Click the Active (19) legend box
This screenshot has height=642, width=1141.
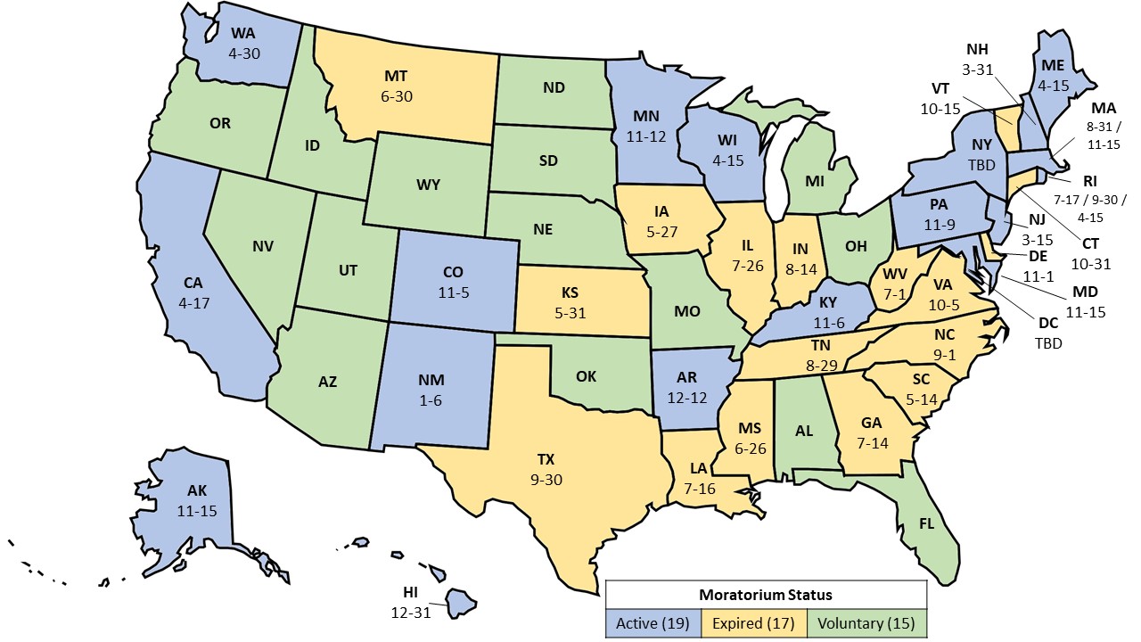(x=652, y=622)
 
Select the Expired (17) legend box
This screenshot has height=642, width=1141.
(x=756, y=622)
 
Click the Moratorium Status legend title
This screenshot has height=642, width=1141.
(x=767, y=594)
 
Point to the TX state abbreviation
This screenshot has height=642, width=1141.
(x=546, y=460)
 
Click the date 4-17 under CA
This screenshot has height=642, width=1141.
(x=193, y=301)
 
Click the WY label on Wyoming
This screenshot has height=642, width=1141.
(x=427, y=185)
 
